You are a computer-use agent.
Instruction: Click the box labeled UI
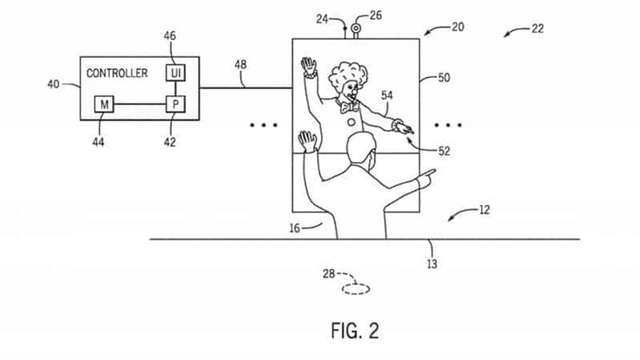(175, 74)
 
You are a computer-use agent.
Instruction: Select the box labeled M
(104, 105)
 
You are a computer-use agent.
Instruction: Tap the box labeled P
(175, 105)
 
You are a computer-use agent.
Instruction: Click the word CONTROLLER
(117, 73)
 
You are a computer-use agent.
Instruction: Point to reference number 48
(240, 65)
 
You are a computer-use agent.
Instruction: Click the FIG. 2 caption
(355, 331)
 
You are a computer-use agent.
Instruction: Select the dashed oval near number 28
(356, 290)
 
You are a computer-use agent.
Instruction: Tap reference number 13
(432, 264)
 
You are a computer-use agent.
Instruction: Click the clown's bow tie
(349, 107)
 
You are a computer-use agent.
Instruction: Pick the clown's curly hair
(343, 75)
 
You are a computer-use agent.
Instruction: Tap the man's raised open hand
(307, 140)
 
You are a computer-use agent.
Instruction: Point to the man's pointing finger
(429, 173)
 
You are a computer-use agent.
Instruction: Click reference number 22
(537, 29)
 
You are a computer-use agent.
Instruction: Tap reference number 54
(387, 95)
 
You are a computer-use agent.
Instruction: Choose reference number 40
(53, 84)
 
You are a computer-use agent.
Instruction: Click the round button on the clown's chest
(351, 122)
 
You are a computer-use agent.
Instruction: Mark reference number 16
(295, 228)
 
